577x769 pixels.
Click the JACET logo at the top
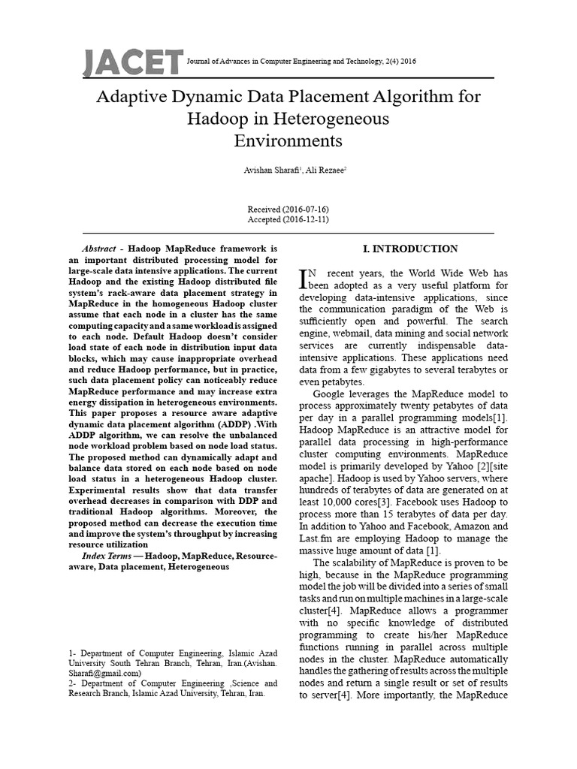click(133, 62)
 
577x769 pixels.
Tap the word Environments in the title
click(288, 140)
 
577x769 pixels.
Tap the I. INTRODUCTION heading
click(404, 249)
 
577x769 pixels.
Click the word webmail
click(358, 333)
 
